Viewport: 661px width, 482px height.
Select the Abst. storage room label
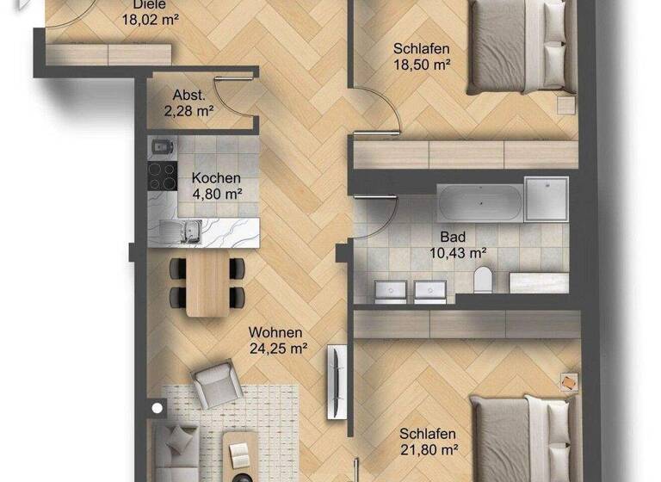pos(188,95)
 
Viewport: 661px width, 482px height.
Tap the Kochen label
pos(216,179)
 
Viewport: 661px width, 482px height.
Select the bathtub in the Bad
pos(479,203)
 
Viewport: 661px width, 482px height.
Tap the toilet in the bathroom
pos(482,278)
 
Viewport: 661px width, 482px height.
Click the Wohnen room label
pos(275,332)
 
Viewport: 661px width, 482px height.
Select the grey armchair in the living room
pos(212,385)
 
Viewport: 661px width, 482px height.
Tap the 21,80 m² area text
pos(427,450)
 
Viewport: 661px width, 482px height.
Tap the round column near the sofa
pos(157,409)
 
